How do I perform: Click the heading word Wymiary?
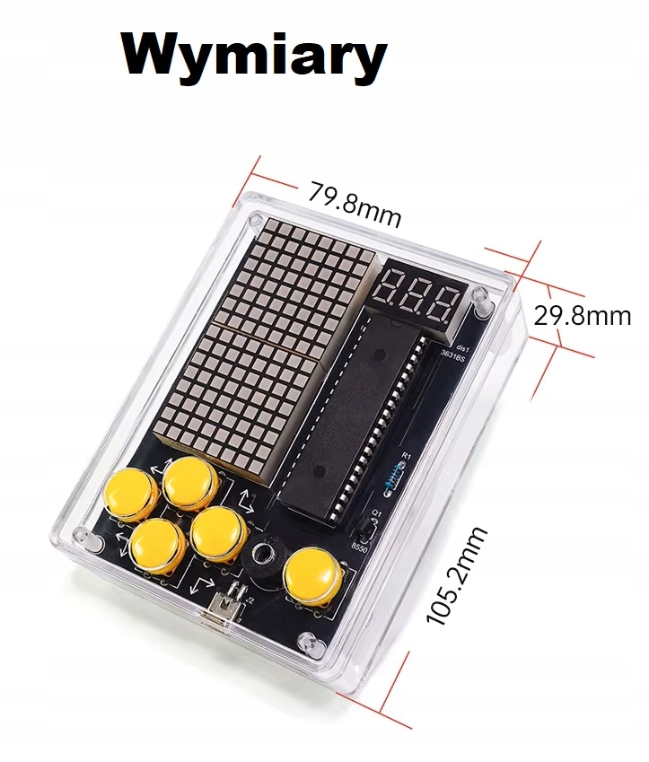click(x=255, y=56)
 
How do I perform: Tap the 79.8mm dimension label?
click(x=354, y=204)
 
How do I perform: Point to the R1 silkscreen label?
click(x=405, y=456)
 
